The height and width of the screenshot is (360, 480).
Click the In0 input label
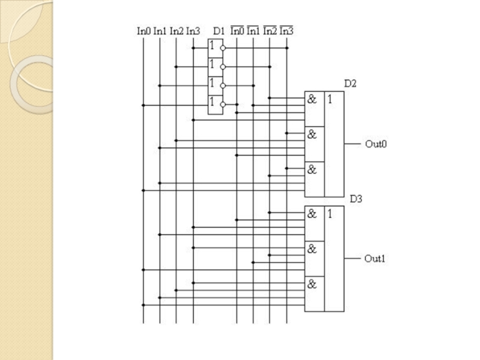[x=143, y=31]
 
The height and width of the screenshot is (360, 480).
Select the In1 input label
[x=160, y=31]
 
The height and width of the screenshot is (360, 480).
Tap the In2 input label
[x=176, y=31]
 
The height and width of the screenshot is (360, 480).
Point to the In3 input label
[x=193, y=31]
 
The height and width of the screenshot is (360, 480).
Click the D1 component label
[x=218, y=31]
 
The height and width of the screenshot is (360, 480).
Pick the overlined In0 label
[x=237, y=31]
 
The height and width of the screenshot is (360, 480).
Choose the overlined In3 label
[x=287, y=31]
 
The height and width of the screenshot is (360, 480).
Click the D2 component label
[x=350, y=83]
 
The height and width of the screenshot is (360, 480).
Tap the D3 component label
[x=356, y=199]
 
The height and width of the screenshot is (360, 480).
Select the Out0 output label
[x=376, y=144]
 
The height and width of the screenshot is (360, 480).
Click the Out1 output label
[x=374, y=259]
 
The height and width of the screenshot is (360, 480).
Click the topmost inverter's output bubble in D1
[x=223, y=48]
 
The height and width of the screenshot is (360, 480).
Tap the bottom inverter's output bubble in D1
[x=223, y=104]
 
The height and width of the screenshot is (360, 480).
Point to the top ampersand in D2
[x=312, y=99]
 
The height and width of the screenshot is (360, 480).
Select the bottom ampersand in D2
[x=312, y=170]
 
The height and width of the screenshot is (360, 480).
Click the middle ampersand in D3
[x=312, y=249]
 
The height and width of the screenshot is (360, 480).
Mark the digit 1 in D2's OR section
[x=329, y=99]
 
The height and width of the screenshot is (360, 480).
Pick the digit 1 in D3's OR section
[x=329, y=214]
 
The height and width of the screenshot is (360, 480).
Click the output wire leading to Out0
[x=352, y=144]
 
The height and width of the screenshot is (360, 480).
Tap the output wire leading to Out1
[x=352, y=259]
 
